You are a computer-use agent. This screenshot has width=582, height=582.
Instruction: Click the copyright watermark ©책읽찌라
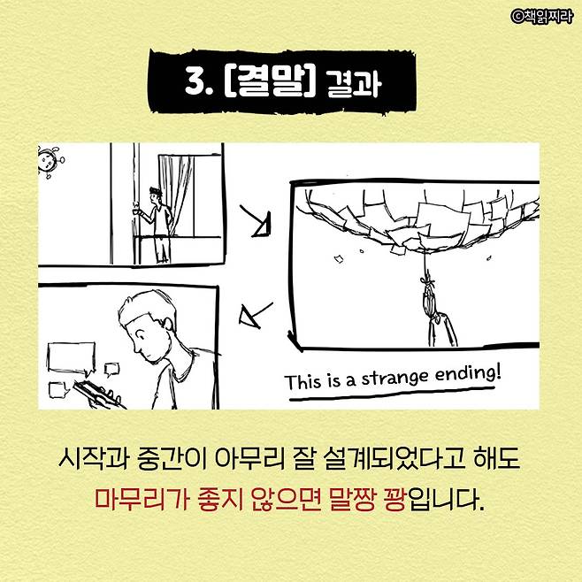(x=542, y=16)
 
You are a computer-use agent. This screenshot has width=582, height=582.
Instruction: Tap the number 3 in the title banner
(x=195, y=81)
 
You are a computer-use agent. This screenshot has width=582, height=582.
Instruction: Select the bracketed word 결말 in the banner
(x=271, y=81)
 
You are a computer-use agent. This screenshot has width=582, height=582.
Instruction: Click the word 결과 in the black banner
(x=353, y=83)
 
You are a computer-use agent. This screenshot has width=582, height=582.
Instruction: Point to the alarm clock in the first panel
(x=50, y=162)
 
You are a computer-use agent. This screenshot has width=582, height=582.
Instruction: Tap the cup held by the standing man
(x=136, y=211)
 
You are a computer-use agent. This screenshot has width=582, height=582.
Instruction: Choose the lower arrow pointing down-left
(x=257, y=315)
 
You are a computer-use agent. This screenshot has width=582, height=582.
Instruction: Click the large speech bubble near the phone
(x=71, y=357)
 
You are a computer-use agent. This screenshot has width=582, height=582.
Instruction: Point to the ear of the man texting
(x=167, y=324)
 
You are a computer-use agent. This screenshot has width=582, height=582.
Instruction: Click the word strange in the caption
(x=394, y=379)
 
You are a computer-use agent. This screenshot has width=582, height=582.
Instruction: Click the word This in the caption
(x=302, y=381)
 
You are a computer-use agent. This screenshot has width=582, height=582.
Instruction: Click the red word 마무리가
(x=142, y=499)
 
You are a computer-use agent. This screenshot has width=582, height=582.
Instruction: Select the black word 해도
(x=496, y=459)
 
